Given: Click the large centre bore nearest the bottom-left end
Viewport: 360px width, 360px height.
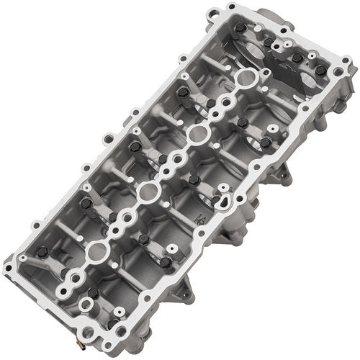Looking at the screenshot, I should coord(96,251).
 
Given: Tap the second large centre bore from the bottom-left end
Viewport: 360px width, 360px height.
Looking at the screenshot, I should coord(148,192).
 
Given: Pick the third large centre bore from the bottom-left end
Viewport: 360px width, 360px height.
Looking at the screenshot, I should coord(196,135).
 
